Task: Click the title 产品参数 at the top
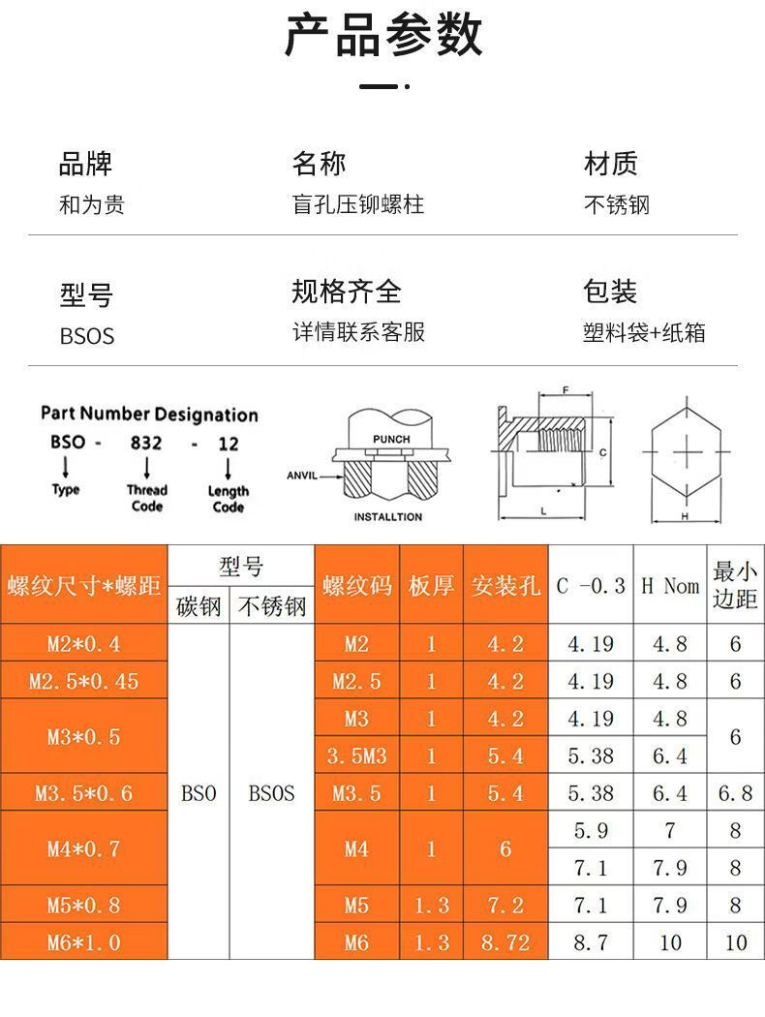[x=383, y=36]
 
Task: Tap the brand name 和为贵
[x=92, y=205]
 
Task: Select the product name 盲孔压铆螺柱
[x=357, y=205]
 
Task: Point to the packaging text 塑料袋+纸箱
[x=644, y=333]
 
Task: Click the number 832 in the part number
[x=147, y=444]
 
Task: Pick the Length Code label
[x=229, y=499]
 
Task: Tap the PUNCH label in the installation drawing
[x=391, y=440]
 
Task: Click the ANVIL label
[x=302, y=476]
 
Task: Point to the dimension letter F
[x=565, y=391]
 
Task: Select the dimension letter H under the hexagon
[x=685, y=517]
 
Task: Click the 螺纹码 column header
[x=356, y=586]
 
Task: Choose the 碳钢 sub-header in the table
[x=199, y=607]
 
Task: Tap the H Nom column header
[x=669, y=586]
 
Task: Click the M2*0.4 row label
[x=83, y=644]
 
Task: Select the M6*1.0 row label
[x=83, y=942]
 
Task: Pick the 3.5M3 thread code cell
[x=356, y=755]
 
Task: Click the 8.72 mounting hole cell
[x=505, y=942]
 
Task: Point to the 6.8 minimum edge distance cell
[x=735, y=793]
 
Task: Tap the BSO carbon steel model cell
[x=199, y=793]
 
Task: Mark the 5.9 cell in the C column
[x=590, y=830]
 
